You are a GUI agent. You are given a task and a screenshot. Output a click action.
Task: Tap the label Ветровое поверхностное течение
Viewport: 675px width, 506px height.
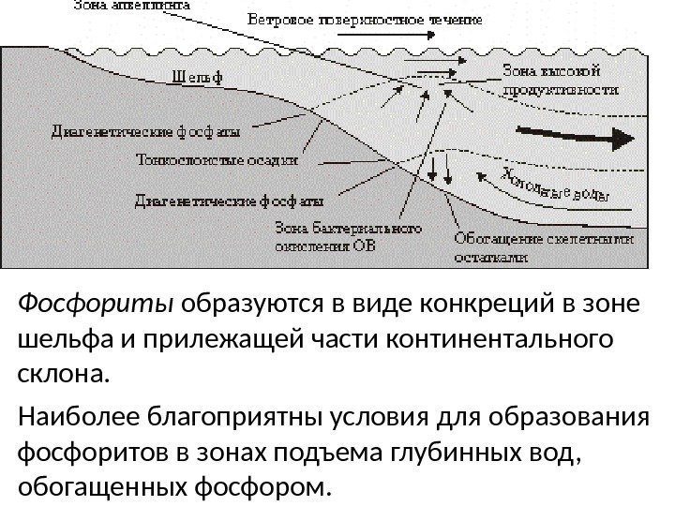click(x=365, y=19)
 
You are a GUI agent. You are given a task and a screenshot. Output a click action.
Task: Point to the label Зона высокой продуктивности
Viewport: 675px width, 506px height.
click(x=561, y=80)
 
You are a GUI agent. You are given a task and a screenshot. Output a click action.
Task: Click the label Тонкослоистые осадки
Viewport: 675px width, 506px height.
click(x=217, y=158)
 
